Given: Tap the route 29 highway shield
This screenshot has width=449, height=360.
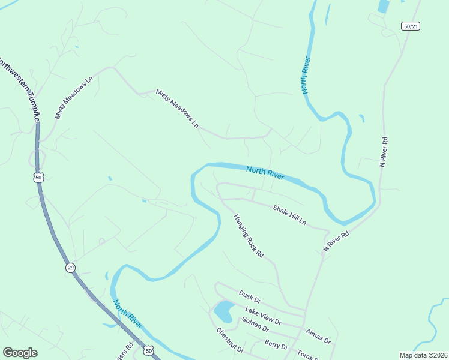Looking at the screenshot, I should [x=70, y=268].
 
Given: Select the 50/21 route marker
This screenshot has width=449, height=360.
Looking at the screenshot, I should [x=410, y=26].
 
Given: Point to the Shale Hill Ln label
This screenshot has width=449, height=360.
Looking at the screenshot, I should [x=289, y=215].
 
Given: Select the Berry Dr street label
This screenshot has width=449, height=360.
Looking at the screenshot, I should [x=276, y=346].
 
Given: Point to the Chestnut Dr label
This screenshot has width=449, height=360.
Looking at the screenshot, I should [x=230, y=340].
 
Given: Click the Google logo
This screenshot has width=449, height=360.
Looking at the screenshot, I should [x=20, y=353].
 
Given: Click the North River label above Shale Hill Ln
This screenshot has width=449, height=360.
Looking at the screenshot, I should [x=265, y=173].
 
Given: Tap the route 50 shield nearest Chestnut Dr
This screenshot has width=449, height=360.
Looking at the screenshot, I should [x=148, y=350].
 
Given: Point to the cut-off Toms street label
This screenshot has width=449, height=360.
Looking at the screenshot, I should [x=308, y=356].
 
